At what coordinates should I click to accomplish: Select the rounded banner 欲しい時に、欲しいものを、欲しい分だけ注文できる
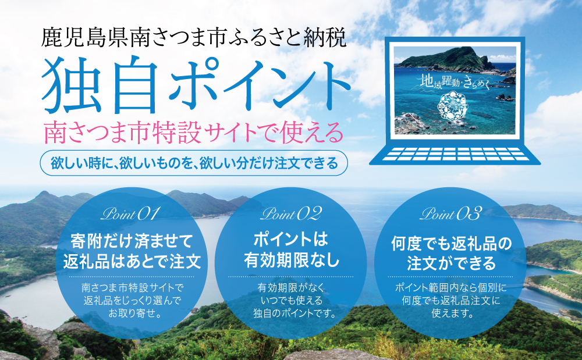194,163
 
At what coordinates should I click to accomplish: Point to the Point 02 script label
291,213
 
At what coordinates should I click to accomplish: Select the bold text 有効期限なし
291,260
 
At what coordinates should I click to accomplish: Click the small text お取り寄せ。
132,314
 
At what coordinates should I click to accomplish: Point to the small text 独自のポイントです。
291,314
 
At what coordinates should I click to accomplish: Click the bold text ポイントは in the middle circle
291,240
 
